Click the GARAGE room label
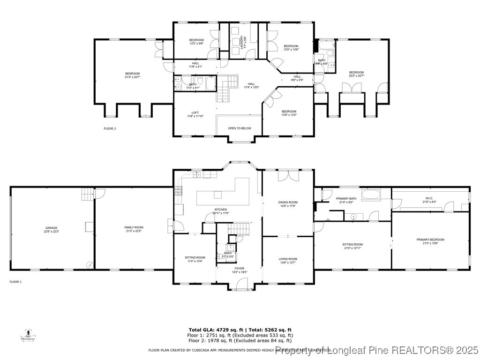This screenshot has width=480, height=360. pyautogui.click(x=52, y=229)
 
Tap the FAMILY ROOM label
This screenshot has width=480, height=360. pyautogui.click(x=134, y=229)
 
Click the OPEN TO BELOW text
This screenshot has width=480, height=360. pyautogui.click(x=240, y=128)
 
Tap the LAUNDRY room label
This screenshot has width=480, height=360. pyautogui.click(x=242, y=43)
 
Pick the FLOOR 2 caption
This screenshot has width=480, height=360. pyautogui.click(x=110, y=128)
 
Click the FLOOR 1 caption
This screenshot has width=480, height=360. pyautogui.click(x=15, y=282)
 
